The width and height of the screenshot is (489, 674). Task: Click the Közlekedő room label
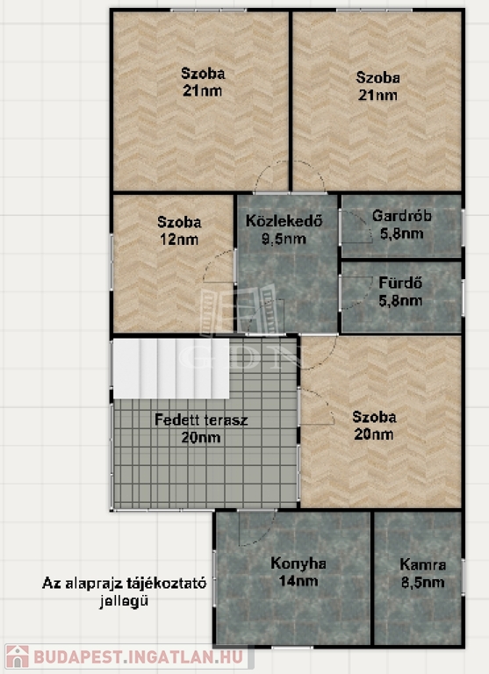point(284,221)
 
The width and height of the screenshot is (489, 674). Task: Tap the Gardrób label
point(402,215)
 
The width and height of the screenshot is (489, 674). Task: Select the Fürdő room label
point(400,283)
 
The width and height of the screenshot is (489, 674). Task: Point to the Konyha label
point(298,563)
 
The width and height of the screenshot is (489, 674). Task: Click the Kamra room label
point(423,564)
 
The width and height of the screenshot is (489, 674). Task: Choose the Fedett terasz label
point(201,419)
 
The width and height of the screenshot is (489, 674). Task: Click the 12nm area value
point(179,240)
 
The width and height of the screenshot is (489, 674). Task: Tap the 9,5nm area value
point(284,239)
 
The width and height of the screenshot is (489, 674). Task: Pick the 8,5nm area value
point(423,583)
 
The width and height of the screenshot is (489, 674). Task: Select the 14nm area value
point(298,581)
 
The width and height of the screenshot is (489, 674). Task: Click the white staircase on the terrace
point(170,369)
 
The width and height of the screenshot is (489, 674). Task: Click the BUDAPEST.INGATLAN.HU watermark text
point(138,657)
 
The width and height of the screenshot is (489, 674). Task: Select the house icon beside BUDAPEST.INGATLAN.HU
point(18,656)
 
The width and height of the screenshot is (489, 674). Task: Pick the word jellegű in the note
point(125,600)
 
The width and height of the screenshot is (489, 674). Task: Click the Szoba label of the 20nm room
point(374,417)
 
